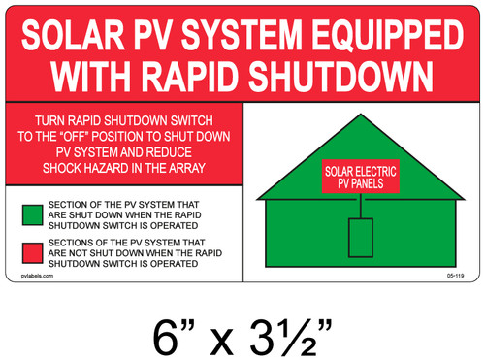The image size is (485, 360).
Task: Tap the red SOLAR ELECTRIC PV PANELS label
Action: (x=360, y=178)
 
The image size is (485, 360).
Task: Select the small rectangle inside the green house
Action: (x=361, y=238)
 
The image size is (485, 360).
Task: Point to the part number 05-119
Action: (x=451, y=277)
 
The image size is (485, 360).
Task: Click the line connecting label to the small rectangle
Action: (x=361, y=205)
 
